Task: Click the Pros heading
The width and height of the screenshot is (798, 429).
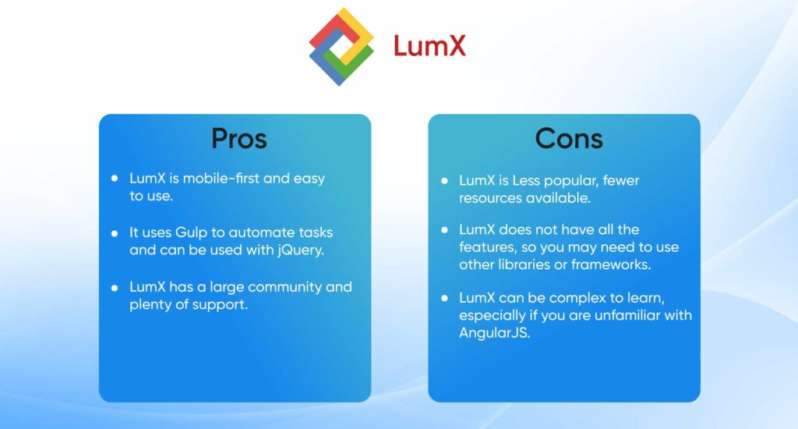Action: (x=238, y=139)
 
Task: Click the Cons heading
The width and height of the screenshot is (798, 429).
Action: (x=568, y=139)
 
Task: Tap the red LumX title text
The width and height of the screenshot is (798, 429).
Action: (x=429, y=46)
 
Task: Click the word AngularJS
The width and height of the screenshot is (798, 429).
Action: (x=495, y=333)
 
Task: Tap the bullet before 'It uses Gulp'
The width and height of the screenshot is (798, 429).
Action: (x=115, y=233)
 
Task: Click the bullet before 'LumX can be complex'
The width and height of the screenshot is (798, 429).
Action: (x=444, y=298)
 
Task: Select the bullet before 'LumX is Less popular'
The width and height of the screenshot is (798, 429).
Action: (x=444, y=181)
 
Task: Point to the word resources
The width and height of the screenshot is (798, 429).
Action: (x=489, y=198)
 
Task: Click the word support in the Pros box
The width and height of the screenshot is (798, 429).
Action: (x=224, y=305)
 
